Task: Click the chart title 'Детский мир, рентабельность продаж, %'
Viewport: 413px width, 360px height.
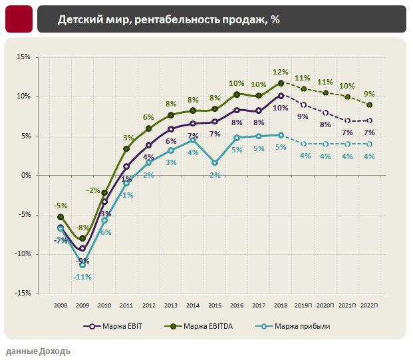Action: pos(168,20)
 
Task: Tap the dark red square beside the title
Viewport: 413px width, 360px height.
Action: pos(18,19)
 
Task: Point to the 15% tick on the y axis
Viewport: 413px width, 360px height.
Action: pos(23,57)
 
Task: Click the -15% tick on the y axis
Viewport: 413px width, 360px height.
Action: pos(23,293)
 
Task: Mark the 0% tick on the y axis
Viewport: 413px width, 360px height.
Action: pos(26,175)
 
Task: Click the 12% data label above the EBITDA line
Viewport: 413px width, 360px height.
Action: pos(280,72)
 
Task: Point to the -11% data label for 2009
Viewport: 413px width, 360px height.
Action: pos(82,276)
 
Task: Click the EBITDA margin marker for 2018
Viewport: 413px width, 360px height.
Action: pos(281,83)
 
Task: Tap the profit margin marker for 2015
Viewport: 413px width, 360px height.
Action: pos(215,162)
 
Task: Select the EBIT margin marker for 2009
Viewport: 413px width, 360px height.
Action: pos(82,249)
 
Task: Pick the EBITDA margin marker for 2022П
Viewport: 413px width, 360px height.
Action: pos(369,105)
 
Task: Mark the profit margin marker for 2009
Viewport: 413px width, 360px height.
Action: pos(82,264)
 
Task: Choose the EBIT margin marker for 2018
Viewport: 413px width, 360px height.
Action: pos(281,96)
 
